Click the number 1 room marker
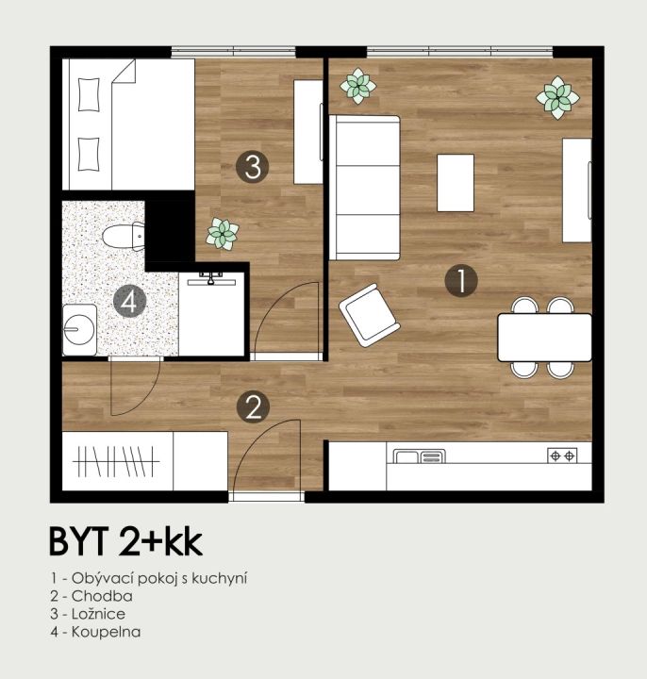[x=461, y=281]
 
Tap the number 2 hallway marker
[x=254, y=407]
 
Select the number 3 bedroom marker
[x=253, y=166]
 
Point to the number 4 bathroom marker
[x=129, y=302]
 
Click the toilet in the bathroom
[x=124, y=237]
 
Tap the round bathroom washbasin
[x=79, y=330]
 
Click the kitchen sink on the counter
[x=419, y=456]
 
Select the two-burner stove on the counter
[x=562, y=455]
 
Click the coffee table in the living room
[x=456, y=183]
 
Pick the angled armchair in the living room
[x=370, y=315]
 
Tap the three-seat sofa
[x=365, y=188]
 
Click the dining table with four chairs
[x=544, y=338]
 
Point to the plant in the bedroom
[x=223, y=234]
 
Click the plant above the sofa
[x=357, y=86]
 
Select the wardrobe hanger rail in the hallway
[x=116, y=461]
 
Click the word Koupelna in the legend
[x=106, y=631]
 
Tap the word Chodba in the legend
[x=102, y=596]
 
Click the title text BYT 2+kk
[x=126, y=541]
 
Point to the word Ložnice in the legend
[x=99, y=614]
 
